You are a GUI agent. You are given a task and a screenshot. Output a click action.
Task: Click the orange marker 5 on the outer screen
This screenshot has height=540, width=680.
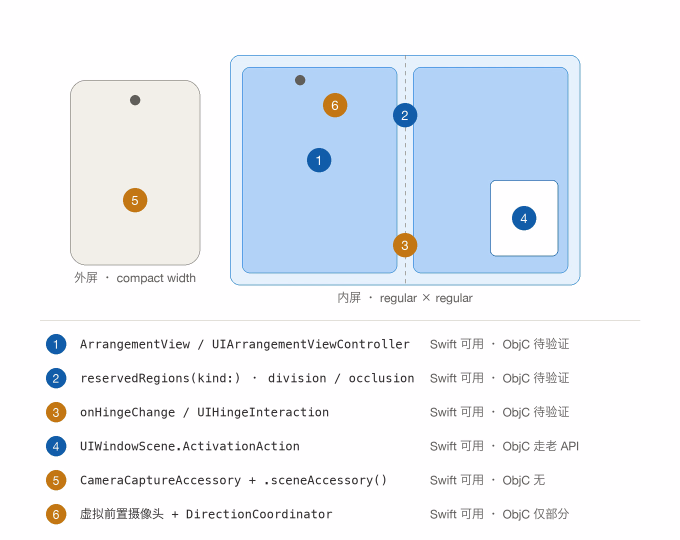(135, 200)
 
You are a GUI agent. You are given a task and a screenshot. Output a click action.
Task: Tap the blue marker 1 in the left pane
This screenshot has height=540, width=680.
(319, 160)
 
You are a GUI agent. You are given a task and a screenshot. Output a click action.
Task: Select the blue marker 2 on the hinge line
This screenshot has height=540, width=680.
(405, 115)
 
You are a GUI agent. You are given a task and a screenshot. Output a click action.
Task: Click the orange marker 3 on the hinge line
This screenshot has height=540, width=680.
(405, 245)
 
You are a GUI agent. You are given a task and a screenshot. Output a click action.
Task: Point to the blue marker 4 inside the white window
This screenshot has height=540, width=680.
(523, 218)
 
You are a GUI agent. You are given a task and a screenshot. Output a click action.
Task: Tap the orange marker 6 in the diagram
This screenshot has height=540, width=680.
(335, 105)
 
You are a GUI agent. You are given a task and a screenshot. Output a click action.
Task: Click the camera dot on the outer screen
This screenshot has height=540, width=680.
(135, 100)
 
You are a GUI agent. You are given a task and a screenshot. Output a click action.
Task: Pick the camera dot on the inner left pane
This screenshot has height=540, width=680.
(300, 80)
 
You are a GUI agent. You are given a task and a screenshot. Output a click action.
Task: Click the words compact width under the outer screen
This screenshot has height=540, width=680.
(156, 278)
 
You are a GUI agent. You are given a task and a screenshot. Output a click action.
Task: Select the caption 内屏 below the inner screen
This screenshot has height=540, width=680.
(349, 297)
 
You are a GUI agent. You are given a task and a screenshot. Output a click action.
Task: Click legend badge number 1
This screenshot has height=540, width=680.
(56, 344)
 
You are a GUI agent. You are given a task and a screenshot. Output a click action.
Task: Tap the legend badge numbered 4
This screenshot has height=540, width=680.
(56, 446)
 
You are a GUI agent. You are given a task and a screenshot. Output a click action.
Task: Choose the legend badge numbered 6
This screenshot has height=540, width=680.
(56, 514)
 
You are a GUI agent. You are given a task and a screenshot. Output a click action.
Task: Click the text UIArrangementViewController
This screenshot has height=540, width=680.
(311, 344)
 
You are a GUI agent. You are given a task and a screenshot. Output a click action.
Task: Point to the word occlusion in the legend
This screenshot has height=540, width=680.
(381, 378)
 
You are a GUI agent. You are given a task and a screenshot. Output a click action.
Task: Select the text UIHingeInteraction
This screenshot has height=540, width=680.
(263, 412)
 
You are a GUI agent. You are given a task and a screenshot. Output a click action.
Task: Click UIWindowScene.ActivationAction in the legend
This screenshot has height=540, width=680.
(190, 446)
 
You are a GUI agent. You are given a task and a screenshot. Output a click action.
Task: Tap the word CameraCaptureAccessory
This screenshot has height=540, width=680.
(160, 480)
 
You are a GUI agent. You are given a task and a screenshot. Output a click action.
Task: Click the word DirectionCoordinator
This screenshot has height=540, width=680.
(259, 514)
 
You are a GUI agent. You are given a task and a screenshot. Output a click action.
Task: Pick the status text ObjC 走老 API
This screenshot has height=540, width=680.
(540, 446)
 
